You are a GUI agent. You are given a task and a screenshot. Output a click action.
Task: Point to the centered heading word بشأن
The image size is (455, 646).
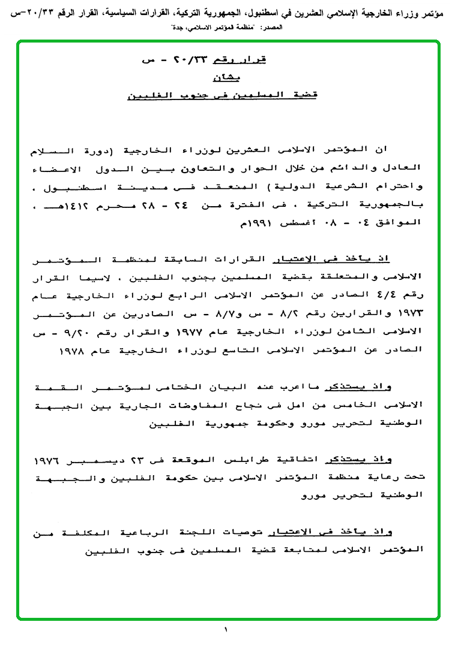226,77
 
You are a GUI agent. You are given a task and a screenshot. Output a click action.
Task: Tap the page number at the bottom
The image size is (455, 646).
226,630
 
